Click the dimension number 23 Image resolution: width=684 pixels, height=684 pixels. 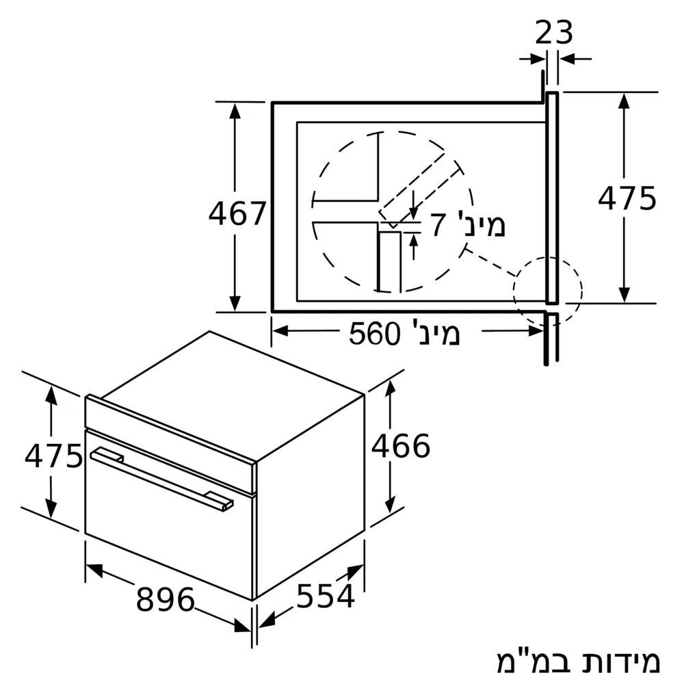(553, 32)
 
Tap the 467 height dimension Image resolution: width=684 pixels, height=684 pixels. (237, 213)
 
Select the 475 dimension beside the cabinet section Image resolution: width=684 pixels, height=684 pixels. (627, 198)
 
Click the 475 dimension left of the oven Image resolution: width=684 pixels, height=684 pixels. (53, 456)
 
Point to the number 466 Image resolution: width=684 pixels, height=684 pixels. (400, 446)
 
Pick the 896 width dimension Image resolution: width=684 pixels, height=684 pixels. (166, 599)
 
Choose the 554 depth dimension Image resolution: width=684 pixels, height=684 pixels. (326, 596)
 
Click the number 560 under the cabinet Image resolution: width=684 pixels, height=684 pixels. (374, 334)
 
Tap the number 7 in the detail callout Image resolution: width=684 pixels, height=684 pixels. (438, 225)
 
